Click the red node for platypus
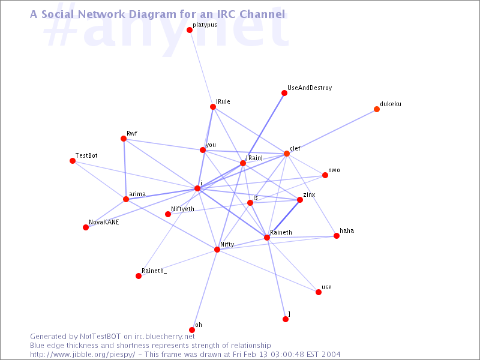190,30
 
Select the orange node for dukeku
377,109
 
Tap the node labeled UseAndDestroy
284,93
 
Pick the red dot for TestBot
73,161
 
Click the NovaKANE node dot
86,227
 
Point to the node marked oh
192,330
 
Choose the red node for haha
337,236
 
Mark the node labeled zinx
300,200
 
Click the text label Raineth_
154,271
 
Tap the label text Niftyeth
182,209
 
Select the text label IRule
223,101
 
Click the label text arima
137,194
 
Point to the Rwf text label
132,133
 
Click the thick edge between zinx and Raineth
283,219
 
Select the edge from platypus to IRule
201,68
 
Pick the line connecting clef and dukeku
332,131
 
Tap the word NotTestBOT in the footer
100,337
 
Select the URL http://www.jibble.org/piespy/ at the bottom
82,355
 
